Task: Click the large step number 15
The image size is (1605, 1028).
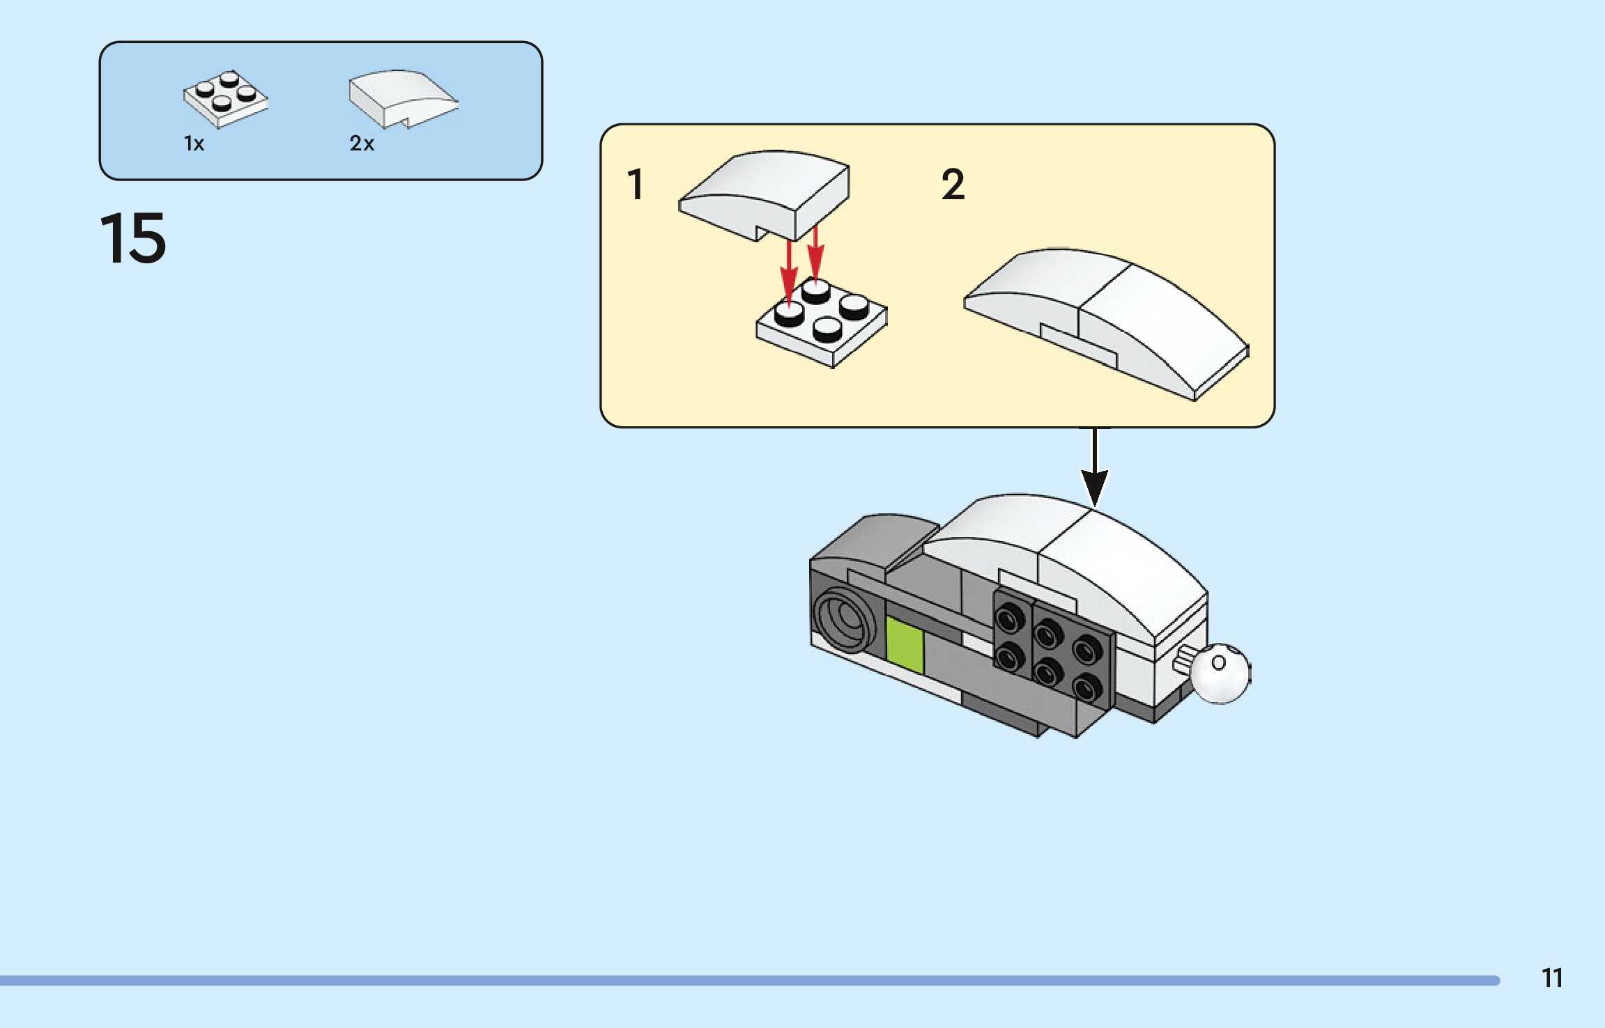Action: [133, 238]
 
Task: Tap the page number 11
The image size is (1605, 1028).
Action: [1551, 978]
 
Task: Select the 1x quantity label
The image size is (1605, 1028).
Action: [194, 143]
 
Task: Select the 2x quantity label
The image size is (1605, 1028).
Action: [362, 143]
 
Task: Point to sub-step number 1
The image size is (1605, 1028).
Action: [635, 185]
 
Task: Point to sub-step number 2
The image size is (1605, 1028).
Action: [953, 185]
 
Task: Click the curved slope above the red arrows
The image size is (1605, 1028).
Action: [765, 192]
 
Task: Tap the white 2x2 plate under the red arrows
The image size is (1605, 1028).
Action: [822, 324]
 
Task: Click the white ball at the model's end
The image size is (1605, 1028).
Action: [1220, 673]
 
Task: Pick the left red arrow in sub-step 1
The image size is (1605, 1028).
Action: [788, 272]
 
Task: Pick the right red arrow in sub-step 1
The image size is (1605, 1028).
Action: [815, 254]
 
